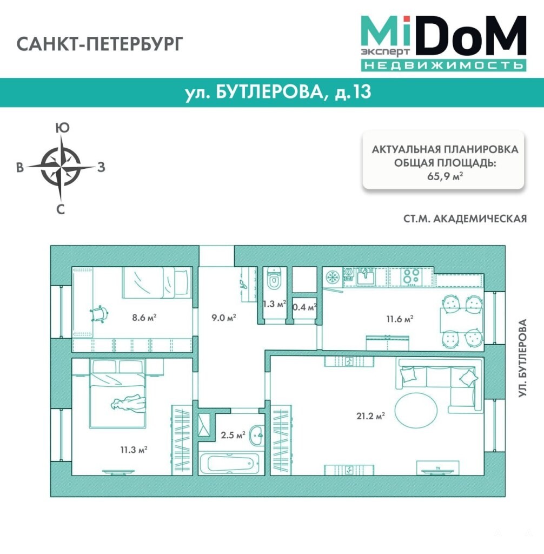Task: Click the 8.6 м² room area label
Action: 144,318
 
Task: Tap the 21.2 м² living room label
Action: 370,416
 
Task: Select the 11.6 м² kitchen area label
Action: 400,319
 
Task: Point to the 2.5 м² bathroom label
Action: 233,435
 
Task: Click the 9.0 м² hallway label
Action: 224,318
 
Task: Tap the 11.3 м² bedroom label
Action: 134,450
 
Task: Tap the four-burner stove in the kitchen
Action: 412,276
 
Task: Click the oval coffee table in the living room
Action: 416,411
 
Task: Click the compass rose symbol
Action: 61,167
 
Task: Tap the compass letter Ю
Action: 63,128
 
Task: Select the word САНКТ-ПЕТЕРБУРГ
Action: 100,44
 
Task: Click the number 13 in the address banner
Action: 361,91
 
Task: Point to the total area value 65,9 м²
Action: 445,176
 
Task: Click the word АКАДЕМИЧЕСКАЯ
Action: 480,219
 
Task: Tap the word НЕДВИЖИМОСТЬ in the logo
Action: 443,65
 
